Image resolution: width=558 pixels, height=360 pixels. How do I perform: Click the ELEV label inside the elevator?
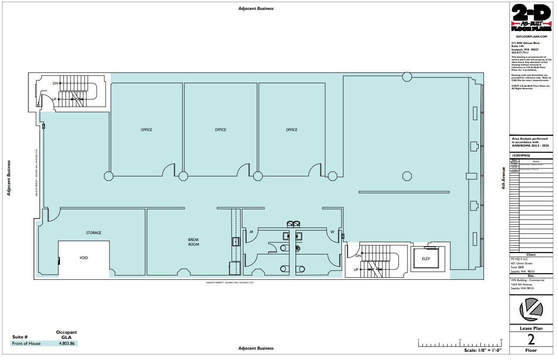click(426, 259)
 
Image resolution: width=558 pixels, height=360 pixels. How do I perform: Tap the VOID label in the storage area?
click(84, 258)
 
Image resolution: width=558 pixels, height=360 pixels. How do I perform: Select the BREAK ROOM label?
click(194, 242)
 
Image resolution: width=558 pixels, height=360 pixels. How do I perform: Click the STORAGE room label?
click(94, 233)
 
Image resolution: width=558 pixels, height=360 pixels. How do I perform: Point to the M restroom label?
click(251, 232)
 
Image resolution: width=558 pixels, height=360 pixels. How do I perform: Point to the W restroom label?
click(332, 232)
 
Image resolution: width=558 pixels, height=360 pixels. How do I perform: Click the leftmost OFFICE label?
click(147, 130)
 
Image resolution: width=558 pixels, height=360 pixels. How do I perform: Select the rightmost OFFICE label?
click(292, 130)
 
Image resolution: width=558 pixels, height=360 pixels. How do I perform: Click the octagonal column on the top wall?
click(407, 77)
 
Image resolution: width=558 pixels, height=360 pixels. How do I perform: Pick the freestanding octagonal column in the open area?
click(407, 176)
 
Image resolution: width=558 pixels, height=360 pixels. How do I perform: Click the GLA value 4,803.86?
click(66, 344)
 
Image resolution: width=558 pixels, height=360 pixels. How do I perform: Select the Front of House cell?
click(26, 344)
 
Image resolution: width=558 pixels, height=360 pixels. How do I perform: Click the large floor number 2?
click(531, 340)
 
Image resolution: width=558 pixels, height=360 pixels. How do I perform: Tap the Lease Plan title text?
click(531, 329)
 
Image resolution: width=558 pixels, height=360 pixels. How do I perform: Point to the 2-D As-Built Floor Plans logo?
click(531, 18)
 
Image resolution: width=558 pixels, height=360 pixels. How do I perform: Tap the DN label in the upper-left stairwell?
click(55, 83)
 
